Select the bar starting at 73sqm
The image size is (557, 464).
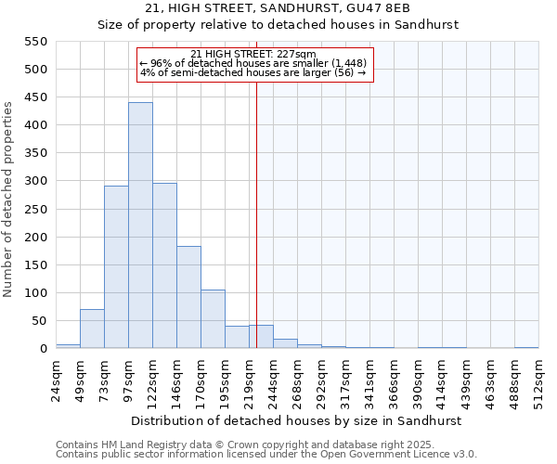[x=116, y=267]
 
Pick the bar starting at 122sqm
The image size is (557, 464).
[x=164, y=265]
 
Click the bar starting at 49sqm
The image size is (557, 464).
[x=92, y=329]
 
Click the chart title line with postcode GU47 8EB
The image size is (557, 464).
[x=278, y=8]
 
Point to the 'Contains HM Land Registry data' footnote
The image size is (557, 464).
[x=265, y=445]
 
